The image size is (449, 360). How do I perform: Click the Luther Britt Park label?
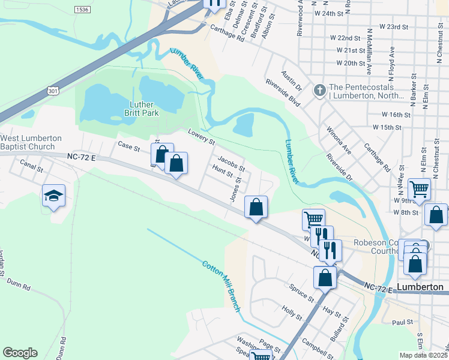click(x=139, y=107)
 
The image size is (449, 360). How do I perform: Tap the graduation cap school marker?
click(x=53, y=196)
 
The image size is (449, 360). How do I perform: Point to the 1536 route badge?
click(x=83, y=10)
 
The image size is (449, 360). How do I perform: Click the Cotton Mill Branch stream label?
click(x=221, y=286)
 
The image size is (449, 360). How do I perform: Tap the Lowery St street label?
click(x=201, y=137)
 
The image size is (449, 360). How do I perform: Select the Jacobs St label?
click(x=231, y=163)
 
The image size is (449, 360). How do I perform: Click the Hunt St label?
click(x=222, y=173)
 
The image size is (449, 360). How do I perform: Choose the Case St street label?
click(x=128, y=146)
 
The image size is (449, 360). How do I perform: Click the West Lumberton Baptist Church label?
click(x=31, y=142)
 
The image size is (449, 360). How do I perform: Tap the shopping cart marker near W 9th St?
click(x=420, y=189)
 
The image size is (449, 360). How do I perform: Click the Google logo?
click(x=20, y=353)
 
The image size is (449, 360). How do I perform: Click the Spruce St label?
click(x=302, y=292)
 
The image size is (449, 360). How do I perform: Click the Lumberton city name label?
click(x=420, y=287)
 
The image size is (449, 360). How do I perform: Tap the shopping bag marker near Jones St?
click(x=256, y=207)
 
